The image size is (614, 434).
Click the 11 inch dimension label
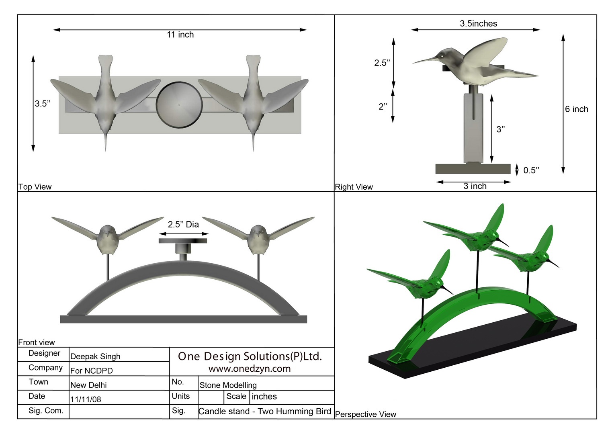180,35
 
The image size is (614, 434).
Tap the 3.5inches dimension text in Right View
478,24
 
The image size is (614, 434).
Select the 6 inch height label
576,109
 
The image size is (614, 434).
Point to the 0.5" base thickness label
531,170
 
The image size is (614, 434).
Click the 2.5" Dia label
183,225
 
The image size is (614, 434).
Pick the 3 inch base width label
475,186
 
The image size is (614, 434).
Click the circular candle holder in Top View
179,105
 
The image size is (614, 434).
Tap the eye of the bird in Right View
442,55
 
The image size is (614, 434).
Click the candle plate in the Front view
183,241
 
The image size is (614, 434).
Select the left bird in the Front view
107,239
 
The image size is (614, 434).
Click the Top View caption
35,187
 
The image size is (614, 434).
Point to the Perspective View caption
365,414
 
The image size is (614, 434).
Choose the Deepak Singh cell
95,356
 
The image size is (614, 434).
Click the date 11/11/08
86,399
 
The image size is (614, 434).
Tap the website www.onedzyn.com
250,369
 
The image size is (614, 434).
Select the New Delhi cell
88,385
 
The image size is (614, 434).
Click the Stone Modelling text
228,385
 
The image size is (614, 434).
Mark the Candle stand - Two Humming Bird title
264,411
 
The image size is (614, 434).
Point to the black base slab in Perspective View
474,346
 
